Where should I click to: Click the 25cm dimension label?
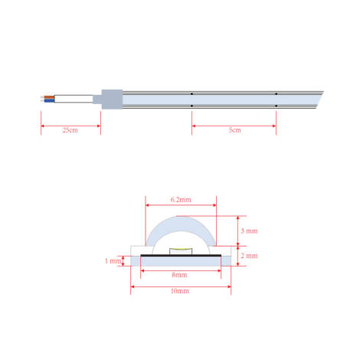coord(70,129)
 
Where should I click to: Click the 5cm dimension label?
coord(234,129)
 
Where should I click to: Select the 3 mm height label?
coord(250,231)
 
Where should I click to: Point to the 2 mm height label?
coord(250,256)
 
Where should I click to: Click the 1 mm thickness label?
coord(113,260)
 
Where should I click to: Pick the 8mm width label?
coord(181,273)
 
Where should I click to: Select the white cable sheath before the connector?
coord(74,98)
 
